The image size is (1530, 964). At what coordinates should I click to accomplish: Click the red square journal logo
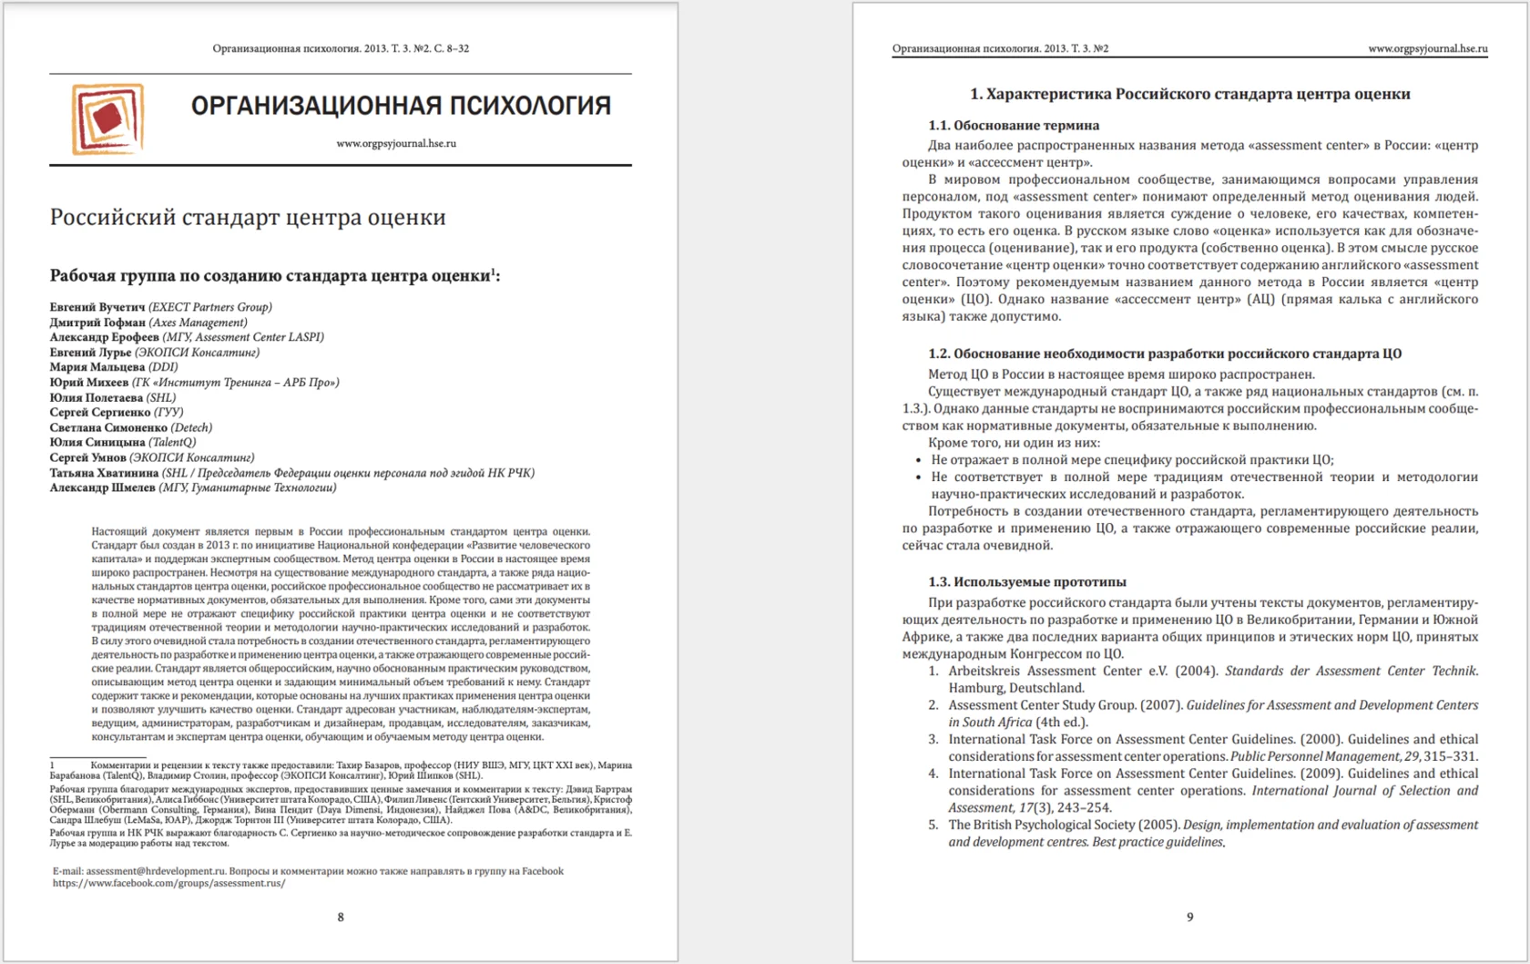[x=107, y=118]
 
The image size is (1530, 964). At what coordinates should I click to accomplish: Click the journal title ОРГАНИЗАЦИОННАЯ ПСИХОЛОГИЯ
[x=401, y=106]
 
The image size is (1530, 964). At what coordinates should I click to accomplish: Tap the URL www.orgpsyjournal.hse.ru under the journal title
[x=396, y=143]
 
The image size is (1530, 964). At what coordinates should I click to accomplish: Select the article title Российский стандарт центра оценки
[x=248, y=217]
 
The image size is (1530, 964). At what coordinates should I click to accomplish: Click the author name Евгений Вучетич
[x=97, y=307]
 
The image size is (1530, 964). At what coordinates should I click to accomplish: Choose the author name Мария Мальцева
[x=97, y=367]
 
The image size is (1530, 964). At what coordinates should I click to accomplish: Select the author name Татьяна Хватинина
[x=105, y=473]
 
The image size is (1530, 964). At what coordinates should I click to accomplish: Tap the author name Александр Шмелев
[x=102, y=487]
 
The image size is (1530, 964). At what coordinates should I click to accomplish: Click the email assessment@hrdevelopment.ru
[x=155, y=871]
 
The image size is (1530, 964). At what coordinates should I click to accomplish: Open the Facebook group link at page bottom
[x=168, y=883]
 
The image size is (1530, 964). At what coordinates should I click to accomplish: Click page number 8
[x=341, y=918]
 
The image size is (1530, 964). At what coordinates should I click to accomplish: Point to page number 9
[x=1189, y=918]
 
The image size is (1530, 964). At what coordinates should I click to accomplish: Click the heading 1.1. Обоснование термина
[x=1014, y=126]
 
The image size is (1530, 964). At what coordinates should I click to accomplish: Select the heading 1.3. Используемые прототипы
[x=1026, y=582]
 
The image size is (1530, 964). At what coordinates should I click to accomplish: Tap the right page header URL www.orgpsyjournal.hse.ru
[x=1427, y=48]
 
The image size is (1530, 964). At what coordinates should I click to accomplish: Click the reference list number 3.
[x=933, y=739]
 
